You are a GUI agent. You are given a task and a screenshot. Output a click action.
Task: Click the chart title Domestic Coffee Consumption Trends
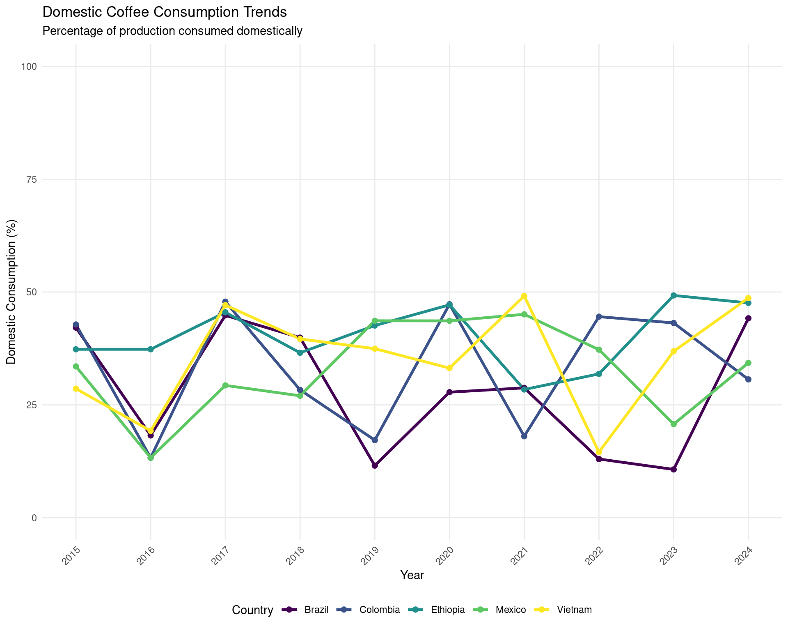(164, 12)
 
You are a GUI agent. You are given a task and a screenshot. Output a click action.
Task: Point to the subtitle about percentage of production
(172, 31)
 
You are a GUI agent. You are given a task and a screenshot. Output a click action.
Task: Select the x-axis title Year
(412, 576)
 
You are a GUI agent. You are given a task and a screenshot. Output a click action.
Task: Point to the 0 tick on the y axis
(34, 518)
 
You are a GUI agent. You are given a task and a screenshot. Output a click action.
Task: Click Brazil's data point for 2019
(375, 465)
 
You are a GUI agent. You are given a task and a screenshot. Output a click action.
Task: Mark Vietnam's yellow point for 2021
(524, 296)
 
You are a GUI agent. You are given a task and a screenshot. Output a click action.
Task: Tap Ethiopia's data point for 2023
(673, 295)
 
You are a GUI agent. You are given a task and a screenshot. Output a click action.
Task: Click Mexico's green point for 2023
(673, 424)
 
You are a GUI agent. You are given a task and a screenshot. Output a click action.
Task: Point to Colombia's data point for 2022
(599, 317)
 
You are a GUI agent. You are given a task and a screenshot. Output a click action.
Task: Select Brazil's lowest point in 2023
(673, 470)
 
